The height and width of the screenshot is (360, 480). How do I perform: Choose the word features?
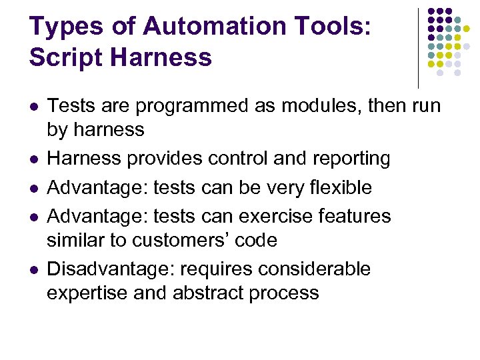[353, 216]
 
